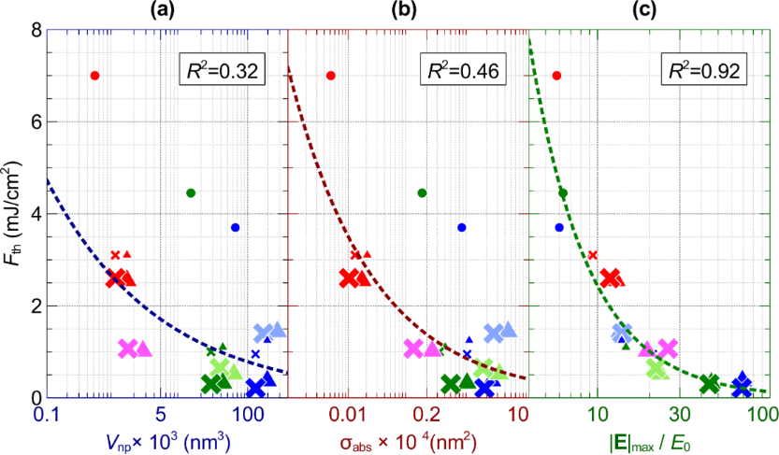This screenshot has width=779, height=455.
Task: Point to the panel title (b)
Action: coord(410,11)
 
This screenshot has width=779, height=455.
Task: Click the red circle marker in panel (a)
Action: coord(94,76)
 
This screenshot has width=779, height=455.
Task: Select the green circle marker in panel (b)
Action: coord(422,192)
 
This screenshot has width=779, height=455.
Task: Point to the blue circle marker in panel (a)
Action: coord(235,227)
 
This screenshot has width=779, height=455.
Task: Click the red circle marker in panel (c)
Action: coord(556,76)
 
